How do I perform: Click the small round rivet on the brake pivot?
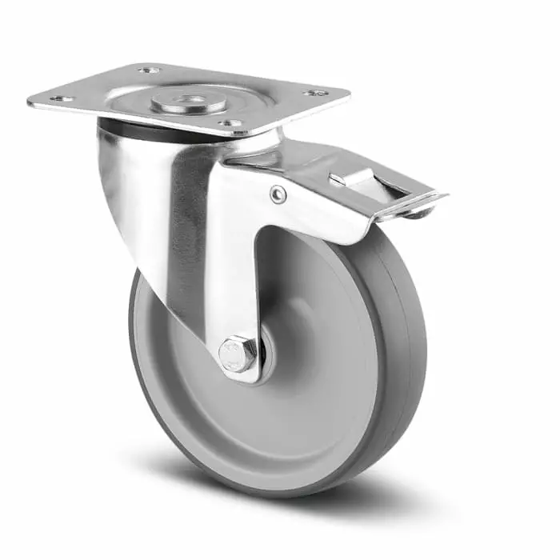click(277, 194)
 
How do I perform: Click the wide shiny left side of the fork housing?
click(140, 208)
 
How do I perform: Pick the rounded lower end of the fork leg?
click(240, 372)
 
